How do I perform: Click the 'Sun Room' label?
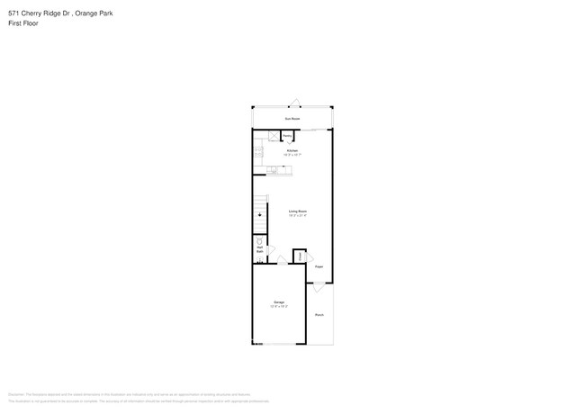(292, 119)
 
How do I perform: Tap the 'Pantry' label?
(288, 136)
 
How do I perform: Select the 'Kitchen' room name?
(292, 150)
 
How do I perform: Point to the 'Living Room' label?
(297, 211)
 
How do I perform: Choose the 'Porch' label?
(319, 314)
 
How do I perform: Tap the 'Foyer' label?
(319, 266)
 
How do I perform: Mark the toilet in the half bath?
(259, 242)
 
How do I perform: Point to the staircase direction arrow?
(260, 215)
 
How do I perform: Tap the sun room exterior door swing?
(292, 102)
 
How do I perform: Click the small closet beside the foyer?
(300, 256)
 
